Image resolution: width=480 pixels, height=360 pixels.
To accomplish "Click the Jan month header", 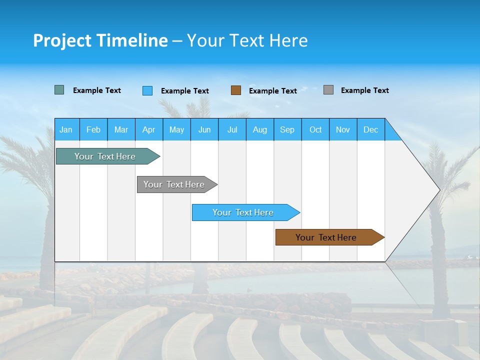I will [66, 129].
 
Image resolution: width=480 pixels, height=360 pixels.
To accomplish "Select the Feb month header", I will [93, 129].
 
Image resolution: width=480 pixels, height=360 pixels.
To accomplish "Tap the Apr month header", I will [148, 129].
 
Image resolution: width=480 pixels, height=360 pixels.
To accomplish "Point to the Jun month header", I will [204, 129].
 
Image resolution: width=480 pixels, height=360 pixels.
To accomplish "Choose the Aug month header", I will [259, 129].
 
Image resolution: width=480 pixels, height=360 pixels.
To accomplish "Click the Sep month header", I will [287, 129].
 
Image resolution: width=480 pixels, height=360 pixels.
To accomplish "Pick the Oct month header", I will [315, 129].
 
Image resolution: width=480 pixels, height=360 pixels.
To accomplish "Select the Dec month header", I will [370, 129].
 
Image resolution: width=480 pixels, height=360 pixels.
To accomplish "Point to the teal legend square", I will [59, 90].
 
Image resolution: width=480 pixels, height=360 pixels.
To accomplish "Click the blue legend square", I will [147, 90].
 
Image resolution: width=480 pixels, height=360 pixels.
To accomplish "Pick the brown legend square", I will [236, 90].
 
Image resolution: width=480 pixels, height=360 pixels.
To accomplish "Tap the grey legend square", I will [328, 90].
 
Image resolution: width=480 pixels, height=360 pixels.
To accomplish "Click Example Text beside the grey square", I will [364, 90].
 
